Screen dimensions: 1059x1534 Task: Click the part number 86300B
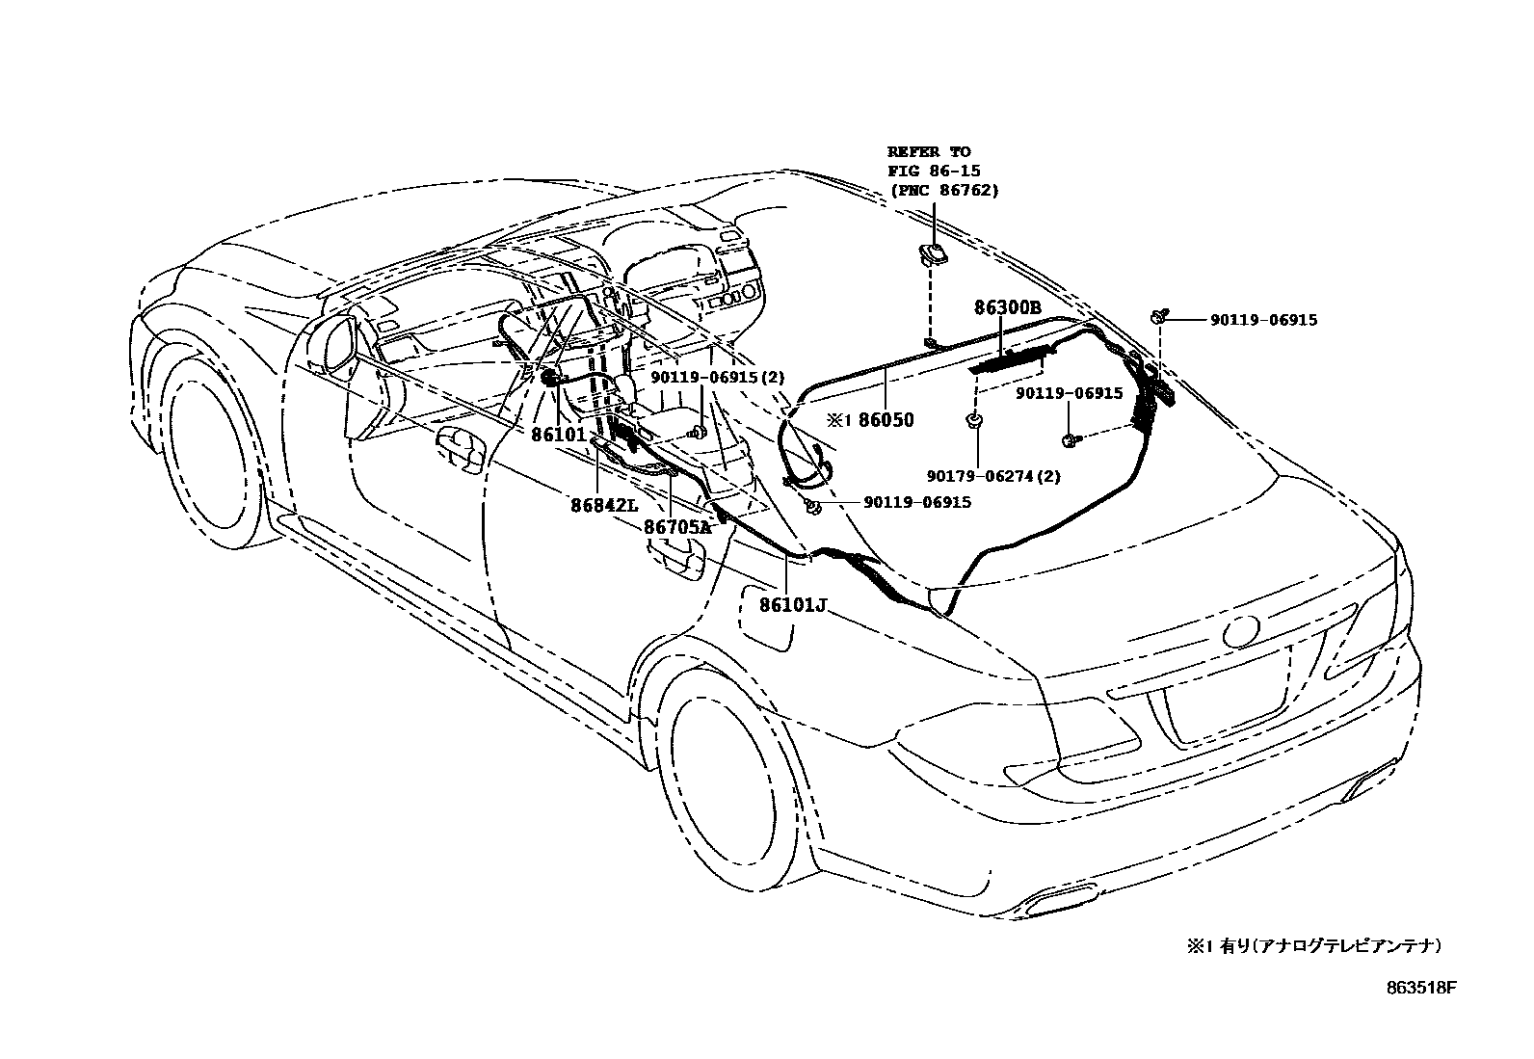[1007, 308]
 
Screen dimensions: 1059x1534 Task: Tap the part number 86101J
[793, 605]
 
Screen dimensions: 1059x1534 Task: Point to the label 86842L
[603, 505]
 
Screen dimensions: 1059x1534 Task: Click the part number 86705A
[676, 527]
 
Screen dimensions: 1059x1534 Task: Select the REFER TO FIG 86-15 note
[941, 171]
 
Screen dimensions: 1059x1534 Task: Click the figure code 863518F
[1421, 988]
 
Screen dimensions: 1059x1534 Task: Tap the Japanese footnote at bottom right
[1314, 946]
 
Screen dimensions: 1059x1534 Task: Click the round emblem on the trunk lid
[1239, 631]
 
